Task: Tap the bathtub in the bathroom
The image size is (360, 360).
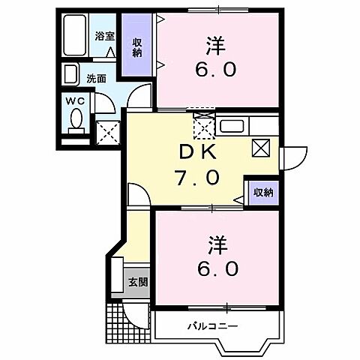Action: pyautogui.click(x=75, y=37)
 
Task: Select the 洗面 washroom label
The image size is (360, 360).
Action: pyautogui.click(x=94, y=77)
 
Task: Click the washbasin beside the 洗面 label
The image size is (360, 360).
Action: pyautogui.click(x=70, y=75)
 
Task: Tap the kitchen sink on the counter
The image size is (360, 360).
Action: pyautogui.click(x=230, y=125)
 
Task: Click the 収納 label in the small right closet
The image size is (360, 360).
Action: pyautogui.click(x=262, y=193)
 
